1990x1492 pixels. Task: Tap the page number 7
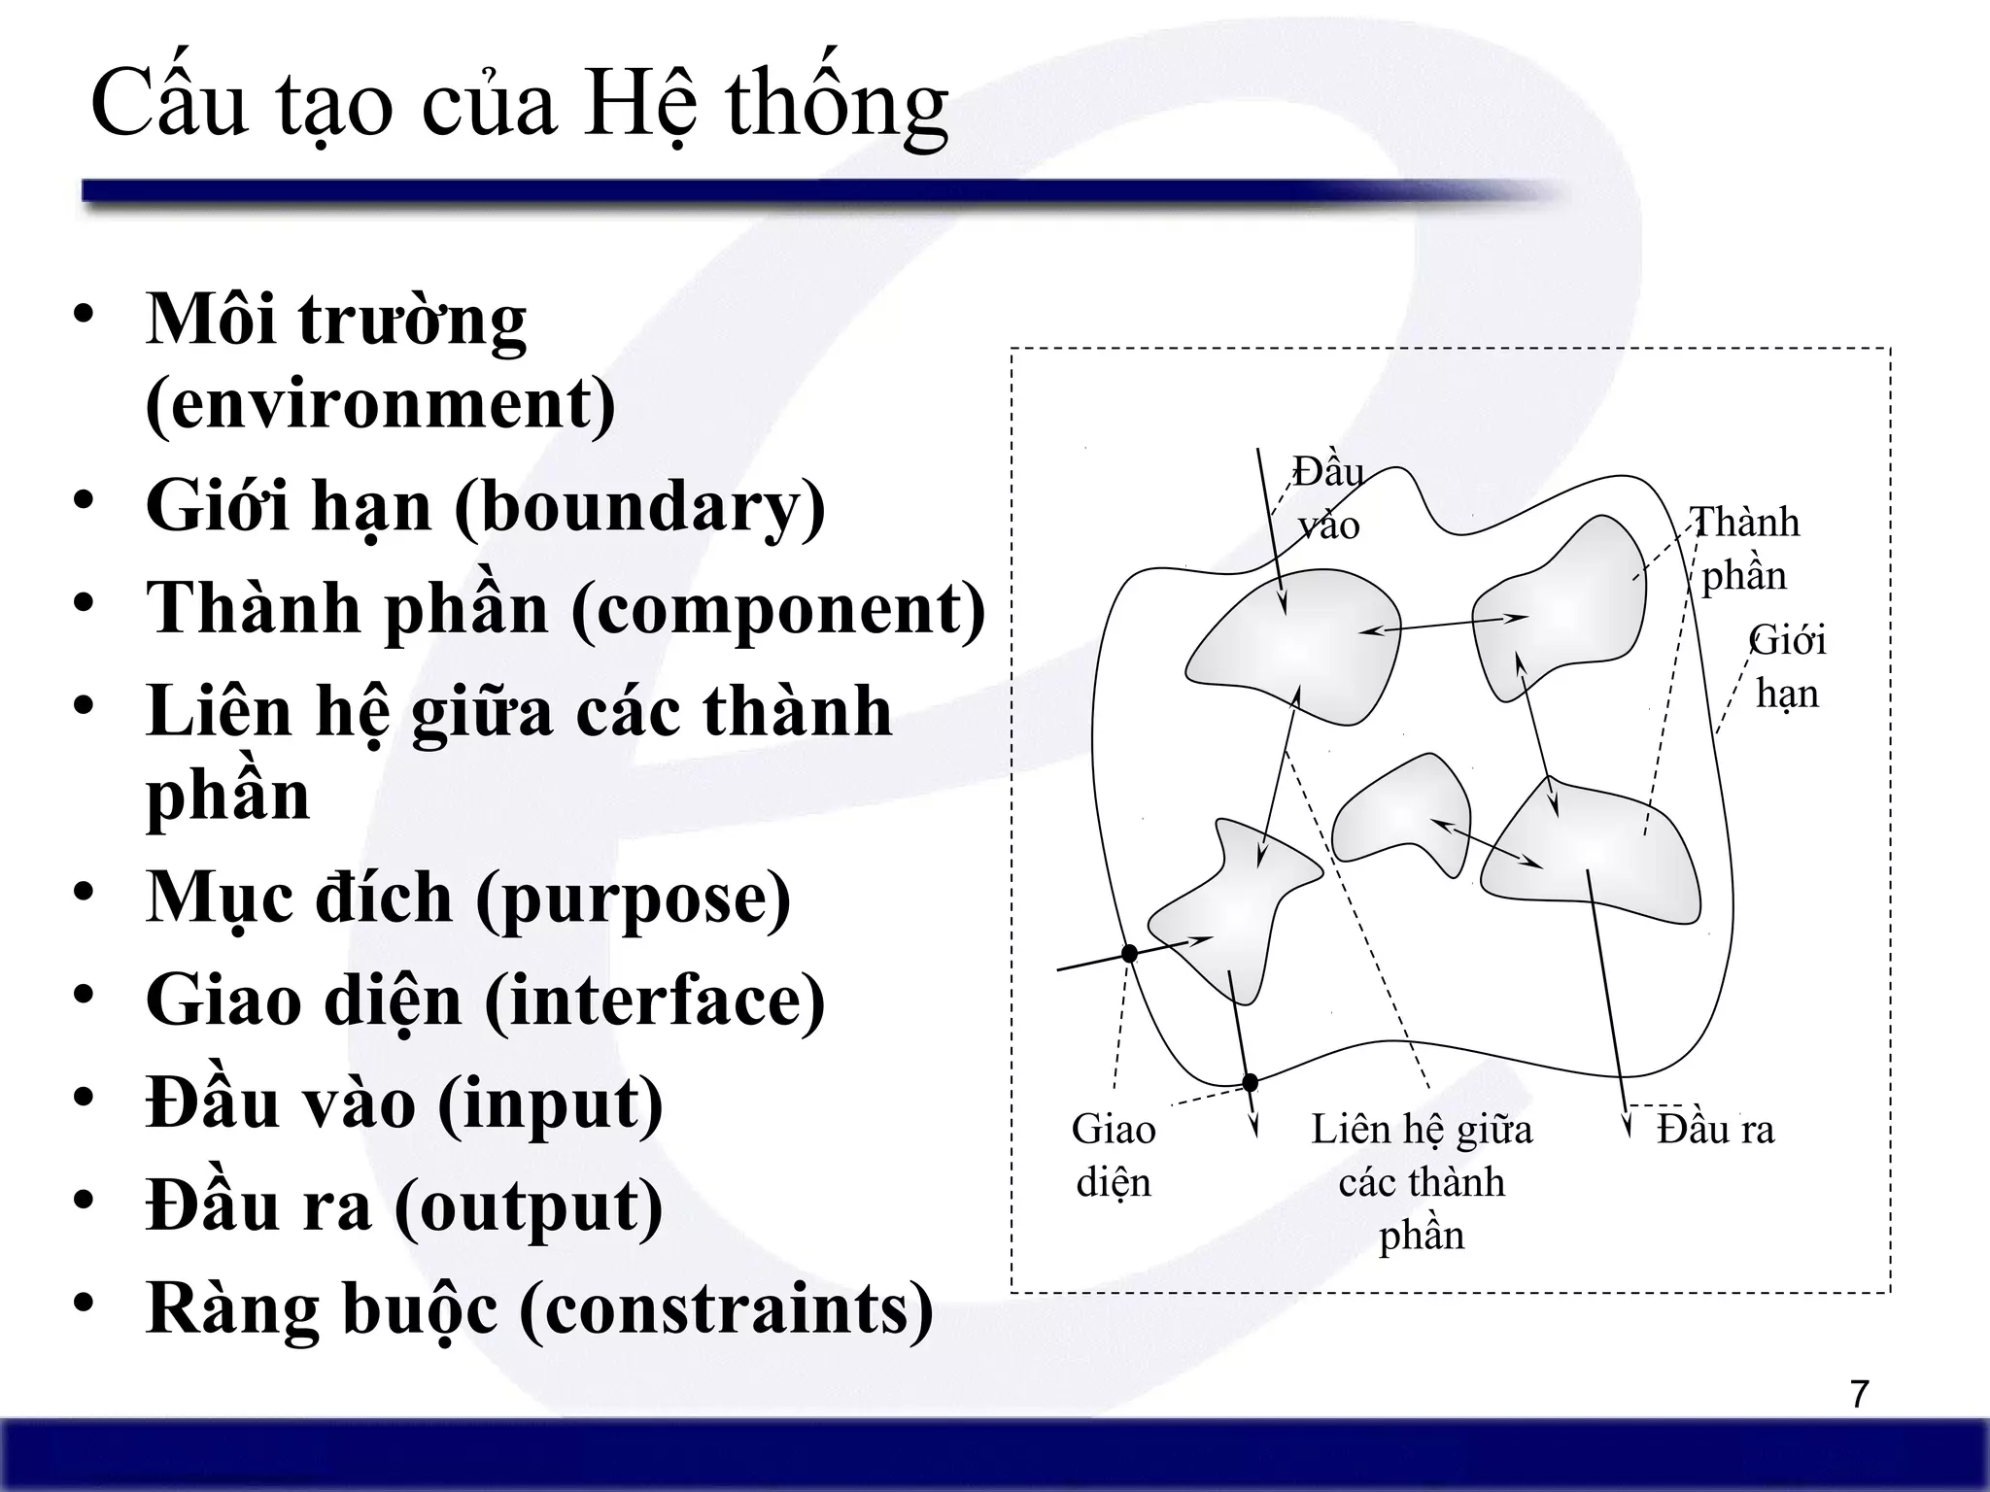[1859, 1395]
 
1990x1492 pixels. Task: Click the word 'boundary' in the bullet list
[639, 506]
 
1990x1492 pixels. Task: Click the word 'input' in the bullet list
[550, 1102]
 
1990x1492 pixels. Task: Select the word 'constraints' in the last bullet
[726, 1308]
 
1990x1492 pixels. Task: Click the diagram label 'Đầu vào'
[1328, 499]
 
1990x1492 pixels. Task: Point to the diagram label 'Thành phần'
[1744, 549]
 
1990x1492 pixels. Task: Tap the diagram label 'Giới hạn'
[1787, 667]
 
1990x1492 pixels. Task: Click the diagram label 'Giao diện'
[1114, 1155]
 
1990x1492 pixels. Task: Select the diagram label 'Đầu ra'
[1715, 1130]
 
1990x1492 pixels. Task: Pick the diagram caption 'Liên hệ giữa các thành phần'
[1421, 1181]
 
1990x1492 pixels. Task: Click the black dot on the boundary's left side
[1129, 954]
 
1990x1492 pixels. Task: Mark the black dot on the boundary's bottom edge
[1251, 1082]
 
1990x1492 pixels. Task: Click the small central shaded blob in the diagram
[1400, 816]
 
